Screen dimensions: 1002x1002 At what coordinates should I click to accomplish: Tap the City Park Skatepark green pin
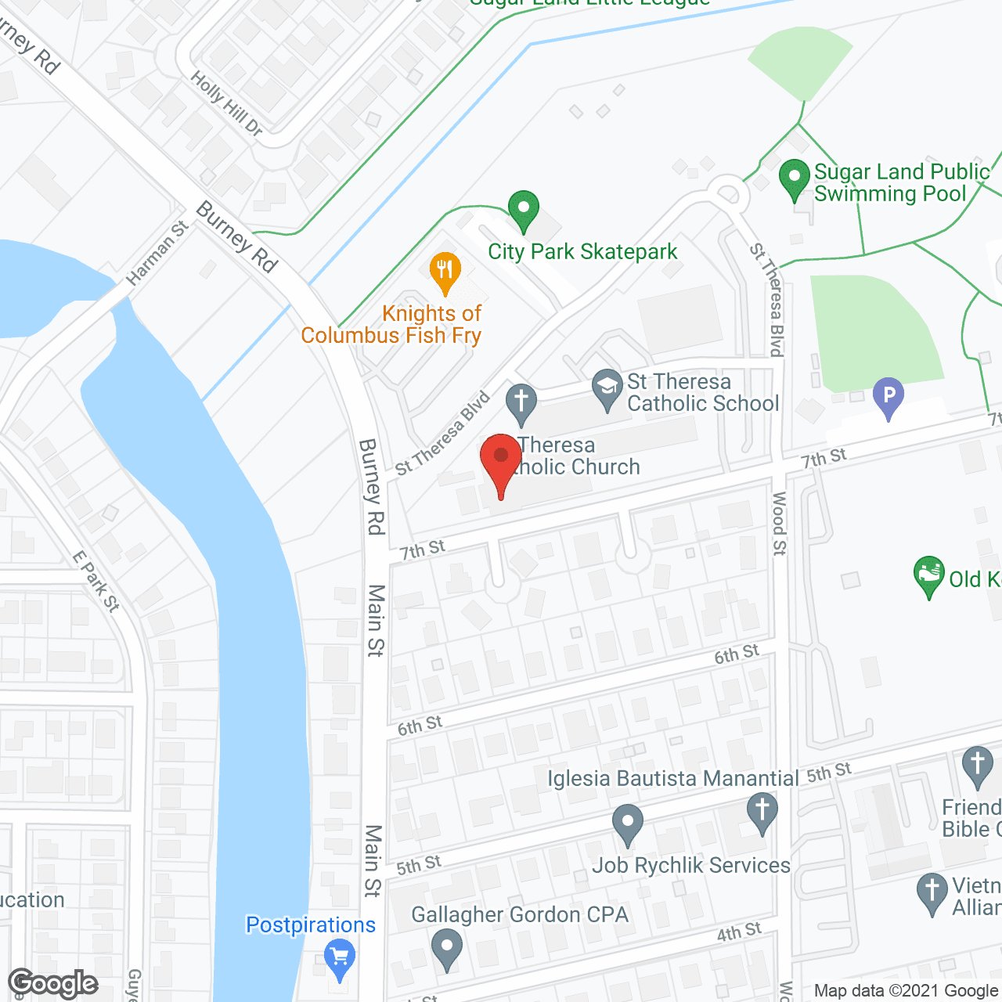pyautogui.click(x=524, y=210)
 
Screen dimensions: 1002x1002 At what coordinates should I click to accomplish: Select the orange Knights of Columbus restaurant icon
pyautogui.click(x=445, y=272)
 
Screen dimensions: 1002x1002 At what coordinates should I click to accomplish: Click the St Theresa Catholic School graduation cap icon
pyautogui.click(x=607, y=388)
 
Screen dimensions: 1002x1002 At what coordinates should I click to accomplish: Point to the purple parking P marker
pyautogui.click(x=888, y=396)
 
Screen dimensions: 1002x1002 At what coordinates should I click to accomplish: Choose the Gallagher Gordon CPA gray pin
pyautogui.click(x=446, y=947)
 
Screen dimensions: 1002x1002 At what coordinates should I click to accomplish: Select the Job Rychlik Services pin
pyautogui.click(x=627, y=824)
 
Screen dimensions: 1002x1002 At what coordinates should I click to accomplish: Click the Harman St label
pyautogui.click(x=157, y=252)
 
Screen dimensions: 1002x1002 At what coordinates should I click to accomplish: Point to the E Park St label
pyautogui.click(x=96, y=581)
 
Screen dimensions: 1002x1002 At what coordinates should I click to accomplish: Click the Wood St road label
pyautogui.click(x=779, y=524)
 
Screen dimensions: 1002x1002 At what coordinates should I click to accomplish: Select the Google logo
pyautogui.click(x=52, y=983)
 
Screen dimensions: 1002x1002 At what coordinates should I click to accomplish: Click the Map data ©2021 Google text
pyautogui.click(x=906, y=990)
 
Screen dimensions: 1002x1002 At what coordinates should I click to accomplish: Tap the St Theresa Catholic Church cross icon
pyautogui.click(x=521, y=402)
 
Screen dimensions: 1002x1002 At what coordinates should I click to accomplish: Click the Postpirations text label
pyautogui.click(x=311, y=925)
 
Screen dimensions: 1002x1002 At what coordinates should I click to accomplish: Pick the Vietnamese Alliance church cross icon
pyautogui.click(x=932, y=892)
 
